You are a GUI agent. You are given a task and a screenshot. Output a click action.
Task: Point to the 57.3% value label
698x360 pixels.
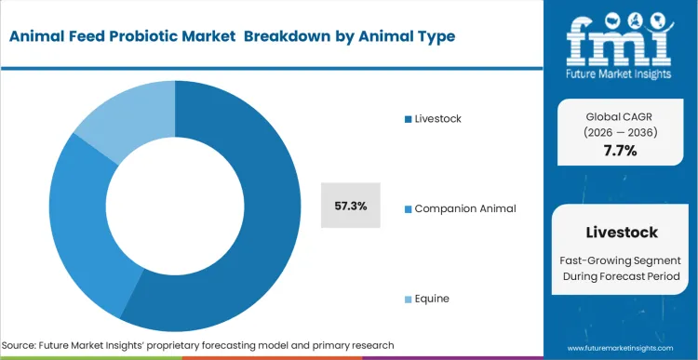[x=351, y=206]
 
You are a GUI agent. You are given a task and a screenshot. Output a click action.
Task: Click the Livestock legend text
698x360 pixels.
[x=437, y=118]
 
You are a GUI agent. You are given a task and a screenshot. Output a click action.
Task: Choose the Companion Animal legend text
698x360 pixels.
[x=465, y=207]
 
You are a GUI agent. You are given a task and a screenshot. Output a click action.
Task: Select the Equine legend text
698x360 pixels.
[x=432, y=298]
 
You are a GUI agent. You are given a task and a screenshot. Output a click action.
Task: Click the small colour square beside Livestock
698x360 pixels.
[x=408, y=119]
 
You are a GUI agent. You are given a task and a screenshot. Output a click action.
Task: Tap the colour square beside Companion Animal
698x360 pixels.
[x=408, y=208]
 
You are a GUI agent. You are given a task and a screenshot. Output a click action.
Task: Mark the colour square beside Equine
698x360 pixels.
[x=408, y=299]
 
